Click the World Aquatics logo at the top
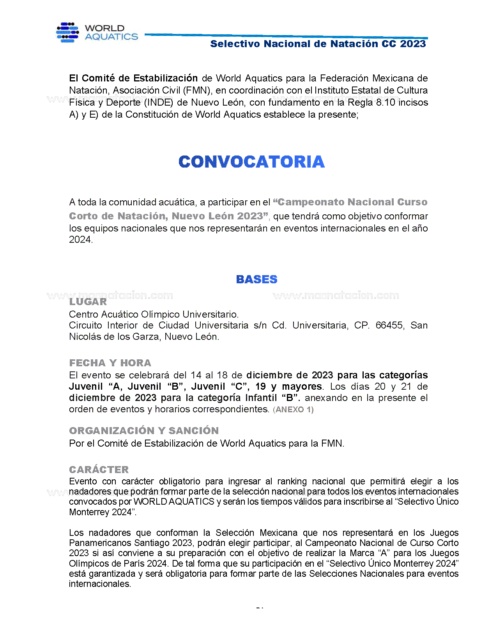click(97, 32)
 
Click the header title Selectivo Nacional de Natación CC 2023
click(318, 44)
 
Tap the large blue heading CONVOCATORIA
click(251, 162)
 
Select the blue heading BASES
click(256, 279)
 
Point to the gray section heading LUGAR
click(88, 302)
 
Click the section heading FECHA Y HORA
click(110, 363)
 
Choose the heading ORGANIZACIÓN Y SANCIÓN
click(144, 431)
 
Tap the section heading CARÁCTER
click(99, 470)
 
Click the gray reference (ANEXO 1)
click(293, 410)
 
